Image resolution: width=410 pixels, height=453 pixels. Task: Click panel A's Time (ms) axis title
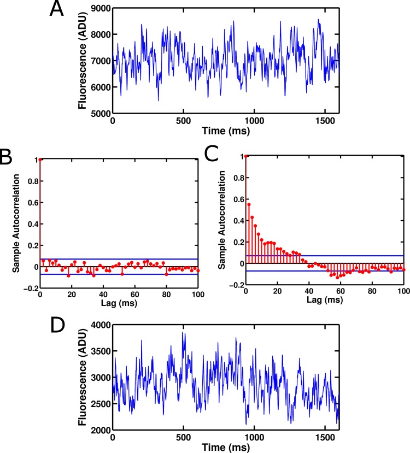click(x=225, y=130)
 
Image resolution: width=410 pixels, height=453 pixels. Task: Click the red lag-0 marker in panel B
click(x=40, y=159)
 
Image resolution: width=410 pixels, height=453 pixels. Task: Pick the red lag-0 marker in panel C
click(x=247, y=156)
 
